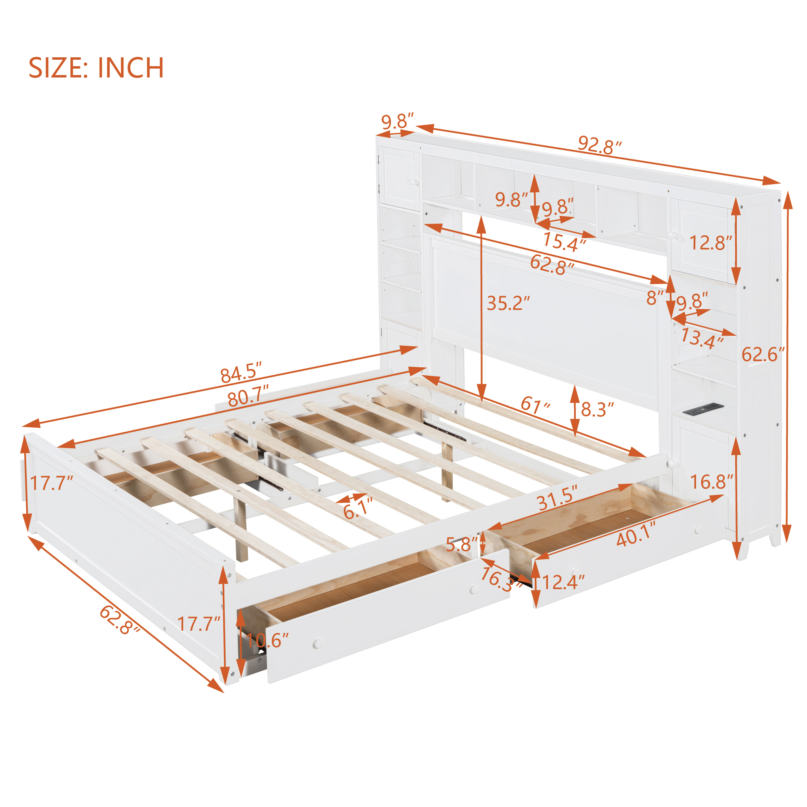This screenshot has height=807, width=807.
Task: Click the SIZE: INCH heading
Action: pyautogui.click(x=96, y=68)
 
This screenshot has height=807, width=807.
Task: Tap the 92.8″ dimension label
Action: pyautogui.click(x=600, y=145)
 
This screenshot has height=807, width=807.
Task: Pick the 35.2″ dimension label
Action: pyautogui.click(x=508, y=304)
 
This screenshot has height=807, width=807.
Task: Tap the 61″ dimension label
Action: pyautogui.click(x=535, y=404)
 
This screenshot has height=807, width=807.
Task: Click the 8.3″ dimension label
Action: pyautogui.click(x=597, y=410)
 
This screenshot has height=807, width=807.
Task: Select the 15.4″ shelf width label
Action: pyautogui.click(x=564, y=243)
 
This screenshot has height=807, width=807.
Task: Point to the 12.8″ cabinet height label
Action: pyautogui.click(x=711, y=243)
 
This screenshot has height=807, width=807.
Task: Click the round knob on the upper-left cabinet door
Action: pyautogui.click(x=415, y=182)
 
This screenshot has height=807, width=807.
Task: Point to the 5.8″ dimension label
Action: pyautogui.click(x=461, y=545)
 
